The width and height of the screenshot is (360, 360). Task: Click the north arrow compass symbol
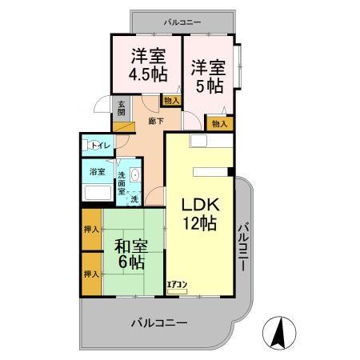[x=279, y=332]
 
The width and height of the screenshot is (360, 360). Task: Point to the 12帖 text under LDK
[x=197, y=225]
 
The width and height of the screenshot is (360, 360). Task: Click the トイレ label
[x=99, y=146]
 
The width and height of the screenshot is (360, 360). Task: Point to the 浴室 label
[x=97, y=171]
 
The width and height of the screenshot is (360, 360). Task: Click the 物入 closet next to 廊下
[x=170, y=100]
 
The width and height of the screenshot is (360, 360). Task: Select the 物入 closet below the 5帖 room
[x=219, y=124]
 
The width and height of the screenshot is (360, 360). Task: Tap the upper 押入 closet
[x=90, y=230]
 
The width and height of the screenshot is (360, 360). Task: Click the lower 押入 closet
[x=90, y=274]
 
